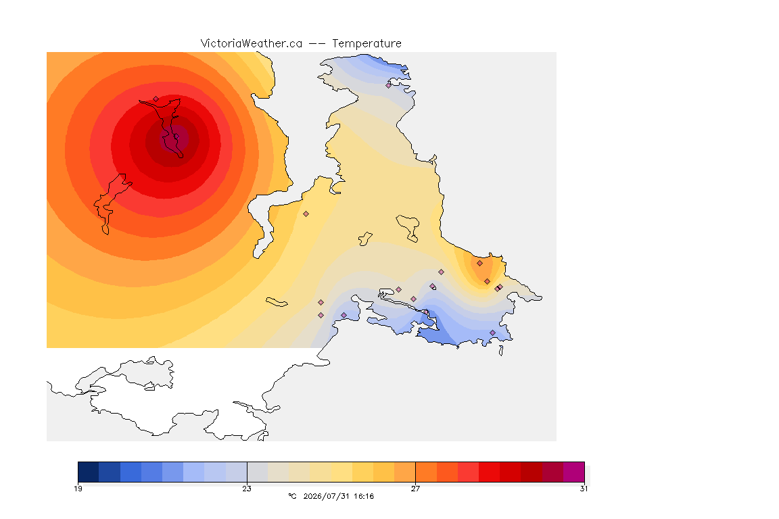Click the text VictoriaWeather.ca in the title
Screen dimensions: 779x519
[252, 44]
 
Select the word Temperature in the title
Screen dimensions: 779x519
[367, 44]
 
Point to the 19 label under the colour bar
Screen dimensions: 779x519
[78, 489]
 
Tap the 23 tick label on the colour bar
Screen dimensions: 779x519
[247, 489]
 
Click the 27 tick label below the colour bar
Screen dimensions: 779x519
[415, 489]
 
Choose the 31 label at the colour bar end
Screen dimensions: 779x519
[584, 489]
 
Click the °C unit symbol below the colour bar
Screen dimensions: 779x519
[293, 496]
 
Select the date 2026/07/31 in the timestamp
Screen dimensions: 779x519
[326, 496]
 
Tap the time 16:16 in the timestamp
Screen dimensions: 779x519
[364, 496]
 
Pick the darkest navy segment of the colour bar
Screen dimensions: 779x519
[89, 472]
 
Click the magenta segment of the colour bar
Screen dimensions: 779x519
[574, 472]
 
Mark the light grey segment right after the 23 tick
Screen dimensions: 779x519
[258, 472]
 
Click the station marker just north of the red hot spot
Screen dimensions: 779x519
[156, 99]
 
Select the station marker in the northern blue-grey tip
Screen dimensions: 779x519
[389, 85]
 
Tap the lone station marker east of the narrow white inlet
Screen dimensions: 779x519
[306, 214]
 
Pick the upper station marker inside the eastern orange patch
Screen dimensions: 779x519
[480, 264]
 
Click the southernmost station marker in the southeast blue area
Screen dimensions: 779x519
[493, 332]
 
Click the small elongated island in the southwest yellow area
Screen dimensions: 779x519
[277, 302]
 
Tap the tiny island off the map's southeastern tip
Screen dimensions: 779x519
[501, 351]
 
